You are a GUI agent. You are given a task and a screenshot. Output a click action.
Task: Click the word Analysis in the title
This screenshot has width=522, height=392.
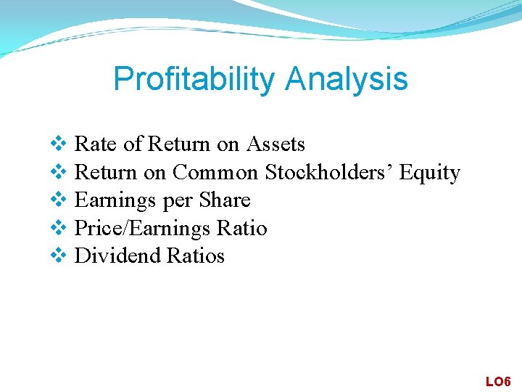coord(347,79)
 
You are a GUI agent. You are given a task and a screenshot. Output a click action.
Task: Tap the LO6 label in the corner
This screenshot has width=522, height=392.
coord(498,381)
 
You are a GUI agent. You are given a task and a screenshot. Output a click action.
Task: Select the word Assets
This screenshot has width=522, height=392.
coord(275,144)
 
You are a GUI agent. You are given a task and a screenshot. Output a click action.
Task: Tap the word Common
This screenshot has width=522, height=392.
coord(215,173)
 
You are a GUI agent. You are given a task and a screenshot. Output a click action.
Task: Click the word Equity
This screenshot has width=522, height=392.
coord(430,173)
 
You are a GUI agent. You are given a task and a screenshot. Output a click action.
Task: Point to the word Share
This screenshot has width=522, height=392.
coord(225,200)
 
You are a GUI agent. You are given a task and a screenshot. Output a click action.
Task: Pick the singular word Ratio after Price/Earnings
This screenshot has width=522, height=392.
coord(242,229)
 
